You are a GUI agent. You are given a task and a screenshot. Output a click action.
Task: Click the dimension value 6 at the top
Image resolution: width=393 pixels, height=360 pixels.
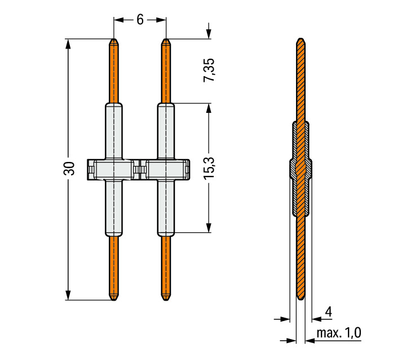point(140,20)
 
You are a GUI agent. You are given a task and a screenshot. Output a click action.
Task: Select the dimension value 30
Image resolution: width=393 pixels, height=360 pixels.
point(69,168)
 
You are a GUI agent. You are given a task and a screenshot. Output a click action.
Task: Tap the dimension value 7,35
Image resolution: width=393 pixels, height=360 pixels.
point(209,70)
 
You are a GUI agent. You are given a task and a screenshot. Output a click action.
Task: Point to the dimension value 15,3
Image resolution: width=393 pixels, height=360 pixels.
point(209,168)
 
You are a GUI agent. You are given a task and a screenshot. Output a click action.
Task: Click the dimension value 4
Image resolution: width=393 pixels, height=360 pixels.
point(328,312)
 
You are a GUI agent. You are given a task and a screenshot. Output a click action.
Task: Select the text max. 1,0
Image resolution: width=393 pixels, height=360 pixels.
point(339,333)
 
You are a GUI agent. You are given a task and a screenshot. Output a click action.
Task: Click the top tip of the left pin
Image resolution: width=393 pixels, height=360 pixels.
point(114,38)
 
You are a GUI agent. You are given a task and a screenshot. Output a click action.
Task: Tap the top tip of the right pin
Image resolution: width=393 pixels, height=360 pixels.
point(166,38)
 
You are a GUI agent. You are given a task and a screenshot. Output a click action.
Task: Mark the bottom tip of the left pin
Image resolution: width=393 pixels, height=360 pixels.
point(114,301)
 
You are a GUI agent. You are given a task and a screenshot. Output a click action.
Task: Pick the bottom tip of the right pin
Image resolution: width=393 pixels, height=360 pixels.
point(166,301)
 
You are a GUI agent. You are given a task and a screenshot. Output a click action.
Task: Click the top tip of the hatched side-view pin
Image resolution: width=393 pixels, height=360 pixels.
point(301,38)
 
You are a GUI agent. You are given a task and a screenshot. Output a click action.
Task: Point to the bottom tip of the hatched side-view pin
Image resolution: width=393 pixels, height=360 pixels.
point(301,300)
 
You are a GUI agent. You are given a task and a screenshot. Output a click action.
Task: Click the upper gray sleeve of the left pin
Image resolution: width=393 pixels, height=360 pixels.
point(114,131)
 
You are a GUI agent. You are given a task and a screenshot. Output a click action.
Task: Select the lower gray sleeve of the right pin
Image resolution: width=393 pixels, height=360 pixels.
point(166,208)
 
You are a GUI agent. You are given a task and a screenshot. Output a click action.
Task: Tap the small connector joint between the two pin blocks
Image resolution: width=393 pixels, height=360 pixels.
point(140,170)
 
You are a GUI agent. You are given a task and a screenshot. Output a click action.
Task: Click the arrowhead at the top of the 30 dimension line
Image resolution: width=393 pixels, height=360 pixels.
point(68,43)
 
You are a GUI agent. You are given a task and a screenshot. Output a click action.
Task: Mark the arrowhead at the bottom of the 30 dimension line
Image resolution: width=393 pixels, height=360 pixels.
point(68,295)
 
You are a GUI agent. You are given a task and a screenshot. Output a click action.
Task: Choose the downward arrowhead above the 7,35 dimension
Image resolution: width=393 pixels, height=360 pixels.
point(209,34)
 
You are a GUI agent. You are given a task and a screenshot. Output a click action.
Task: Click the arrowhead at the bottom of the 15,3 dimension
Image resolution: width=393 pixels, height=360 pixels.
point(209,228)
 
